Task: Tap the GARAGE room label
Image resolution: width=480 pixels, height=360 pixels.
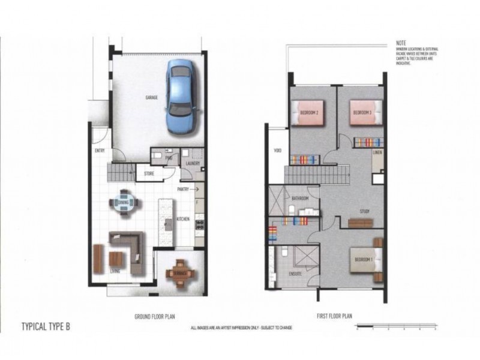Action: click(x=151, y=97)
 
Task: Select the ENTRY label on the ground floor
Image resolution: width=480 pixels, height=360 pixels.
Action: click(x=99, y=151)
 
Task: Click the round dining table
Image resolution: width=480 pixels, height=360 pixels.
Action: click(x=124, y=203)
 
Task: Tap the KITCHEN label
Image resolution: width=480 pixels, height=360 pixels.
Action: click(x=183, y=219)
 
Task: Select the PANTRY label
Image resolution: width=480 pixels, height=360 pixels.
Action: click(x=183, y=189)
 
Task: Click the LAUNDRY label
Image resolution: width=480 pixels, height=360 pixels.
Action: click(x=193, y=163)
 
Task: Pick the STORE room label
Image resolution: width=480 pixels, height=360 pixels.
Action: click(x=149, y=175)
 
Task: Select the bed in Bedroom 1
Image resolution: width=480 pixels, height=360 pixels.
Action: click(x=366, y=259)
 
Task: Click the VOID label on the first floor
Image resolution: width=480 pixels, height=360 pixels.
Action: click(x=277, y=151)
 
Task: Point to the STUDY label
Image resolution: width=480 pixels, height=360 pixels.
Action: click(x=364, y=211)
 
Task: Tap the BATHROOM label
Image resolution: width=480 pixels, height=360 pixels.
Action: click(x=300, y=198)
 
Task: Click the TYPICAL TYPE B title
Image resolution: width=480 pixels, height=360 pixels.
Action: click(x=46, y=328)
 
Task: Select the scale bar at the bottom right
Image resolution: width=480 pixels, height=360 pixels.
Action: click(x=395, y=327)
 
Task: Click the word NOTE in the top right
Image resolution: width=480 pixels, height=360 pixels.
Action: click(x=401, y=44)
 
